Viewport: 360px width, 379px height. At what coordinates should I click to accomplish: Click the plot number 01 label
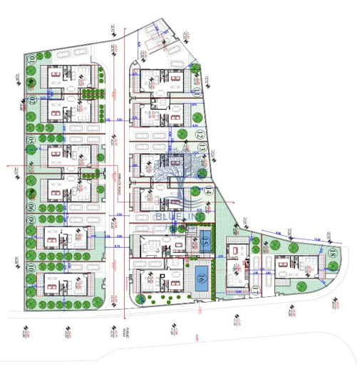(32, 60)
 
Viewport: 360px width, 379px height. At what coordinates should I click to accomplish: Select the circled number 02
(32, 100)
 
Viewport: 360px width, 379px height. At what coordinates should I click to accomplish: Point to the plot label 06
(32, 208)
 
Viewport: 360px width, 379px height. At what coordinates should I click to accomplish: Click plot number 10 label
(32, 268)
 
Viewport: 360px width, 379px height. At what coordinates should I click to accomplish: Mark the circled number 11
(197, 92)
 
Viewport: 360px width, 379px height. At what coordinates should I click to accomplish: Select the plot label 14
(208, 190)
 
